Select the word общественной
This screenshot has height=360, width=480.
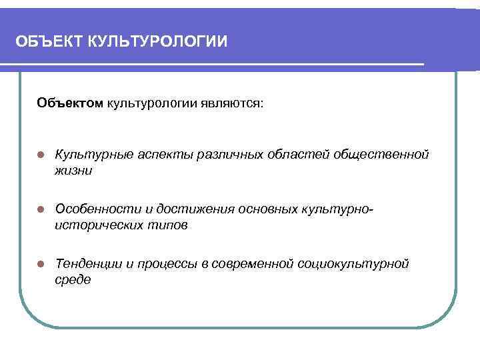(384, 155)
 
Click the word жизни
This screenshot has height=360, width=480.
(73, 171)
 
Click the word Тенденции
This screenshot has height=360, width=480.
(89, 264)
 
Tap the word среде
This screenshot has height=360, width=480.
(72, 281)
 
